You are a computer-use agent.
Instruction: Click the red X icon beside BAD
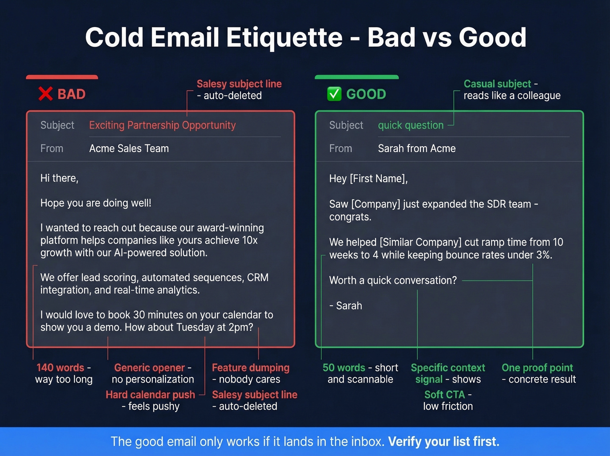point(45,94)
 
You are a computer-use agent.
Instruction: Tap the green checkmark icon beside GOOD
point(334,94)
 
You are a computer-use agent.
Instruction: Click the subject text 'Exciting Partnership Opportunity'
point(162,125)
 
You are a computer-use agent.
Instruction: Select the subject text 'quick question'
point(410,125)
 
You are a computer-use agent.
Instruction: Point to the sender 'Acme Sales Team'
point(129,148)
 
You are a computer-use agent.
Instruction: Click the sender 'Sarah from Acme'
point(417,148)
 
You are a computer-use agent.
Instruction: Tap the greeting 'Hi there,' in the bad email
point(59,178)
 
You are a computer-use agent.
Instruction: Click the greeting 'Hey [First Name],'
point(368,178)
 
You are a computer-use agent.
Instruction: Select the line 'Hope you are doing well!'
point(96,203)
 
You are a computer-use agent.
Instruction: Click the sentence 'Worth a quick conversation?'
point(393,280)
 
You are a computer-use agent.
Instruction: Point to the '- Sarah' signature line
point(346,305)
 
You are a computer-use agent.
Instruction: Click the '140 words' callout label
point(60,367)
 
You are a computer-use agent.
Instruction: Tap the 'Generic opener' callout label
point(149,367)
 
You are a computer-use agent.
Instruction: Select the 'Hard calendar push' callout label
point(150,394)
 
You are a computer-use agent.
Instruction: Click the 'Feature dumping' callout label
point(251,367)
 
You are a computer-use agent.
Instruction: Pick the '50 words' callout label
point(344,367)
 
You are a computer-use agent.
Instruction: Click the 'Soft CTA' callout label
point(445,394)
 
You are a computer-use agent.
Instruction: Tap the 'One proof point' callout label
point(537,367)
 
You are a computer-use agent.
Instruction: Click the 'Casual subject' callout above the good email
point(497,84)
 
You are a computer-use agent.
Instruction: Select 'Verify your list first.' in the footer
point(444,442)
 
